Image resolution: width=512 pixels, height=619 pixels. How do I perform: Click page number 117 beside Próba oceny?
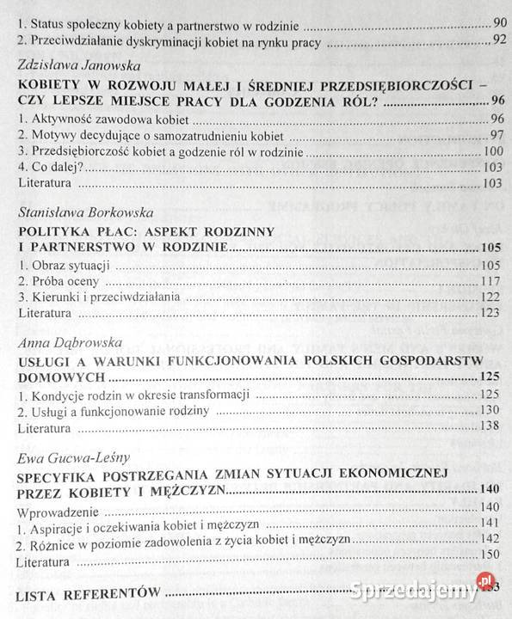click(x=490, y=281)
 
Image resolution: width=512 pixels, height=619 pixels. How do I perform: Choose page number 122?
click(x=490, y=297)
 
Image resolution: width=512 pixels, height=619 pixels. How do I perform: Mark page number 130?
click(x=490, y=411)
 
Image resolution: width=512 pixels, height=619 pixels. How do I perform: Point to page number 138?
click(x=490, y=427)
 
